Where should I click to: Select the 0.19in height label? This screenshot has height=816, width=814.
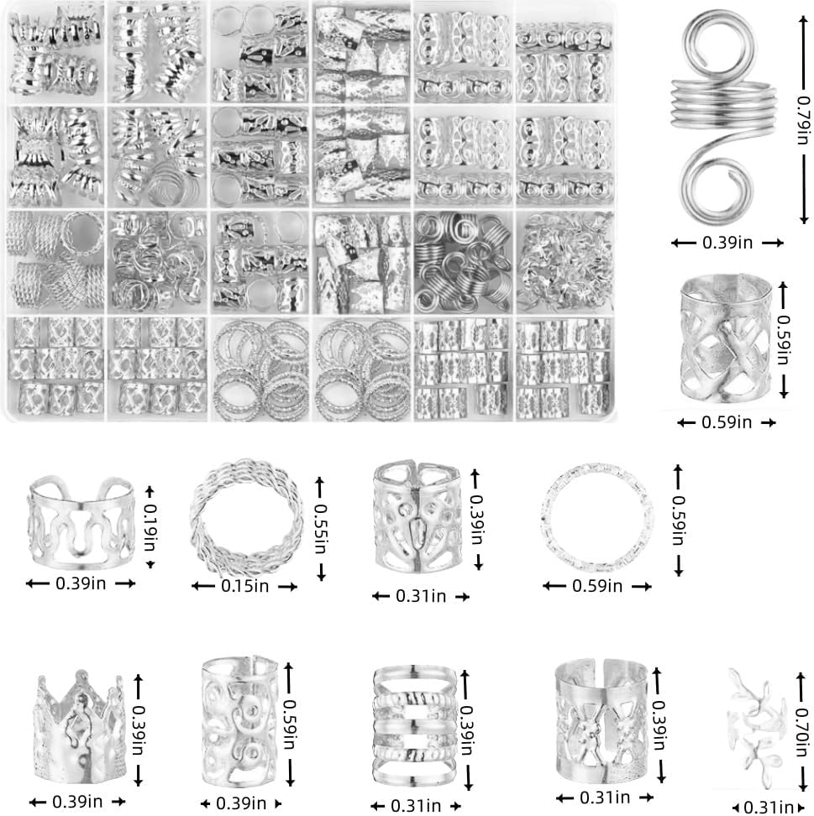point(150,526)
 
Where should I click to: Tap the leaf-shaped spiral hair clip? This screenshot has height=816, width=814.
point(754,722)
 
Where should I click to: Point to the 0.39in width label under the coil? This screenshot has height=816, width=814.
point(727,243)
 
